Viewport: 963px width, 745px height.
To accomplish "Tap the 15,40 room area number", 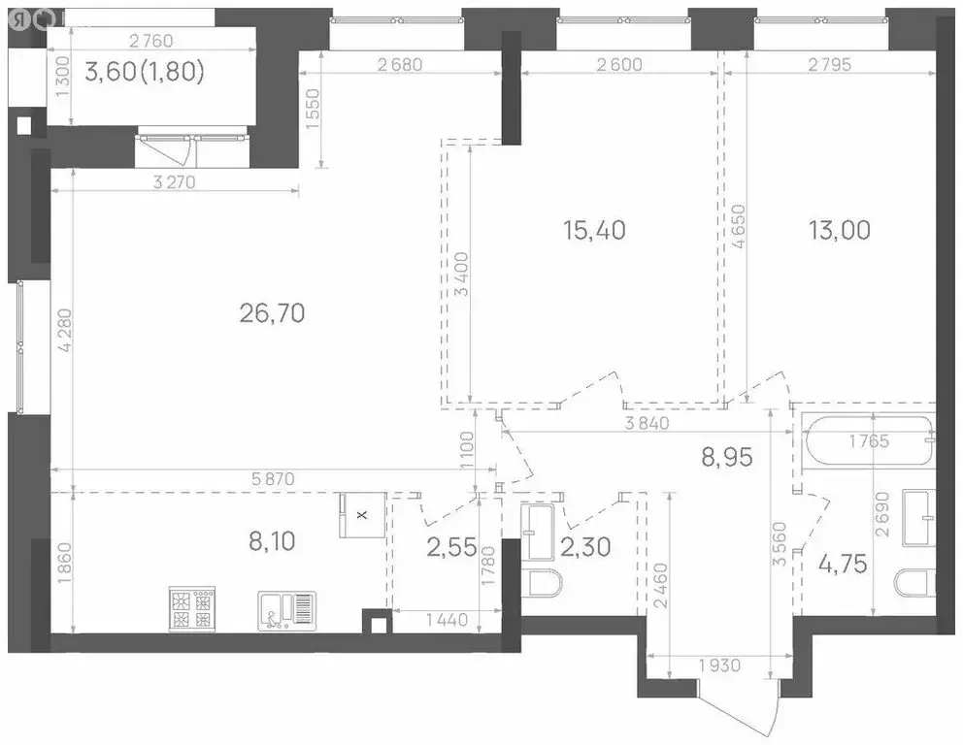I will point(594,230).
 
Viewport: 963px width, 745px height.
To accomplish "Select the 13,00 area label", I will point(839,230).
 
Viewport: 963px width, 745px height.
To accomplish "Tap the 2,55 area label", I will point(451,548).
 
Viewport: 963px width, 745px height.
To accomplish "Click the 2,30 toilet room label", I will point(585,548).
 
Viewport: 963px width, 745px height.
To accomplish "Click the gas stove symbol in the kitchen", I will point(191,608).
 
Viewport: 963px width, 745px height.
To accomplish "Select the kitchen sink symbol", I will point(286,609).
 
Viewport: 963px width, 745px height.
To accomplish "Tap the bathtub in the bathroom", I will point(868,442).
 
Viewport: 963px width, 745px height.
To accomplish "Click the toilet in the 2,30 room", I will point(543,586).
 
